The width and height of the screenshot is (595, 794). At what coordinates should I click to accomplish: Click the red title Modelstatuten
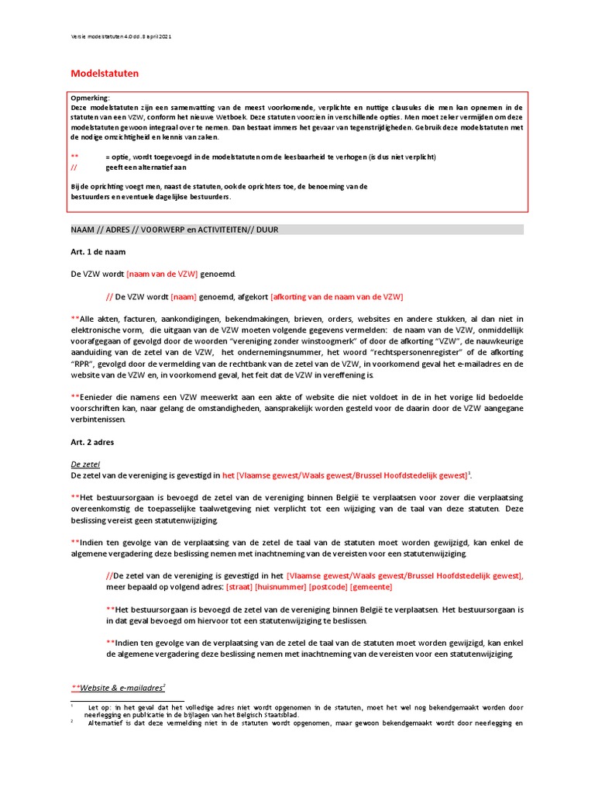105,74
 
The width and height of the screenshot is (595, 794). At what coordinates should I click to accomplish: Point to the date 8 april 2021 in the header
155,36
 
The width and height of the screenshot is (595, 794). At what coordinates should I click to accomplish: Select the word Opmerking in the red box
90,98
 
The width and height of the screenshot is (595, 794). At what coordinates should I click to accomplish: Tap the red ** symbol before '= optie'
74,157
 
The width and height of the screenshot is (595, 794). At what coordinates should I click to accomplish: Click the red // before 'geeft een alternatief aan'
74,167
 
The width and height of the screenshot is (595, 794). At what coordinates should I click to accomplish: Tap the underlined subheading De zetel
85,464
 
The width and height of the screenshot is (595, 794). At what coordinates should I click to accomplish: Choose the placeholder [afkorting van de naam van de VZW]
336,296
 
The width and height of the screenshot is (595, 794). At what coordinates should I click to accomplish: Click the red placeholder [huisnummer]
280,586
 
